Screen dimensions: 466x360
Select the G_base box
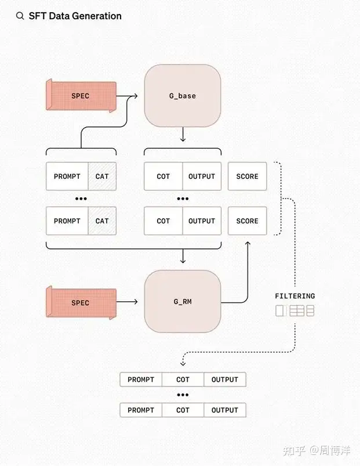click(x=183, y=96)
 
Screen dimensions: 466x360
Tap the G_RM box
click(x=183, y=302)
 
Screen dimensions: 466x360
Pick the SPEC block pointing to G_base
click(x=81, y=96)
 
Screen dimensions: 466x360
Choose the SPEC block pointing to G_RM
click(x=81, y=302)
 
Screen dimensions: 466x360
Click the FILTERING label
click(x=295, y=296)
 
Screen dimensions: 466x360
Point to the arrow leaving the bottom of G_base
click(x=183, y=135)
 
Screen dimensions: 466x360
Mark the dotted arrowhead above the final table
click(x=183, y=363)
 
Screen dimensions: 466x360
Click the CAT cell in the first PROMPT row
click(x=102, y=176)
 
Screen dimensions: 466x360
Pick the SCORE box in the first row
click(x=248, y=176)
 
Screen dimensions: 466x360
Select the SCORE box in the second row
click(x=248, y=221)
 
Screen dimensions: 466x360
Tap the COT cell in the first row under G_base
click(x=163, y=176)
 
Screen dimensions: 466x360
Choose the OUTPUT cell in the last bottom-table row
click(x=225, y=410)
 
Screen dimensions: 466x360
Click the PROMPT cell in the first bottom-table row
click(x=141, y=380)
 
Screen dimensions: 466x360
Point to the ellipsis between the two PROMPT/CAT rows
click(x=81, y=199)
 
